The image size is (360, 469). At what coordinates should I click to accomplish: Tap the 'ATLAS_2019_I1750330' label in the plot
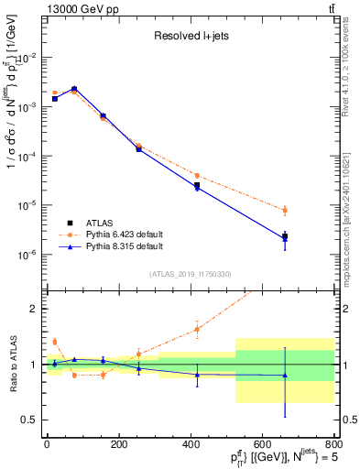pos(190,274)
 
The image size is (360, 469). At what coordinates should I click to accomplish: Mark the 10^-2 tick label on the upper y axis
pos(27,57)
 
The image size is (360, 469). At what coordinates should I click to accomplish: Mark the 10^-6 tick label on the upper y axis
pos(27,255)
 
